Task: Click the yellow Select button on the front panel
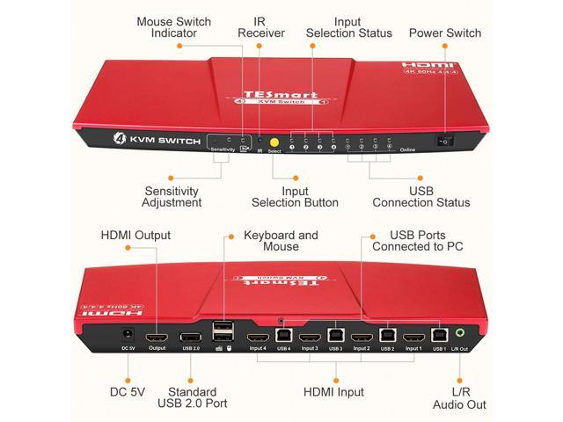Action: (x=274, y=142)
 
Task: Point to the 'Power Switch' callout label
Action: (x=445, y=33)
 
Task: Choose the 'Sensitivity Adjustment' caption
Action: (x=172, y=195)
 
